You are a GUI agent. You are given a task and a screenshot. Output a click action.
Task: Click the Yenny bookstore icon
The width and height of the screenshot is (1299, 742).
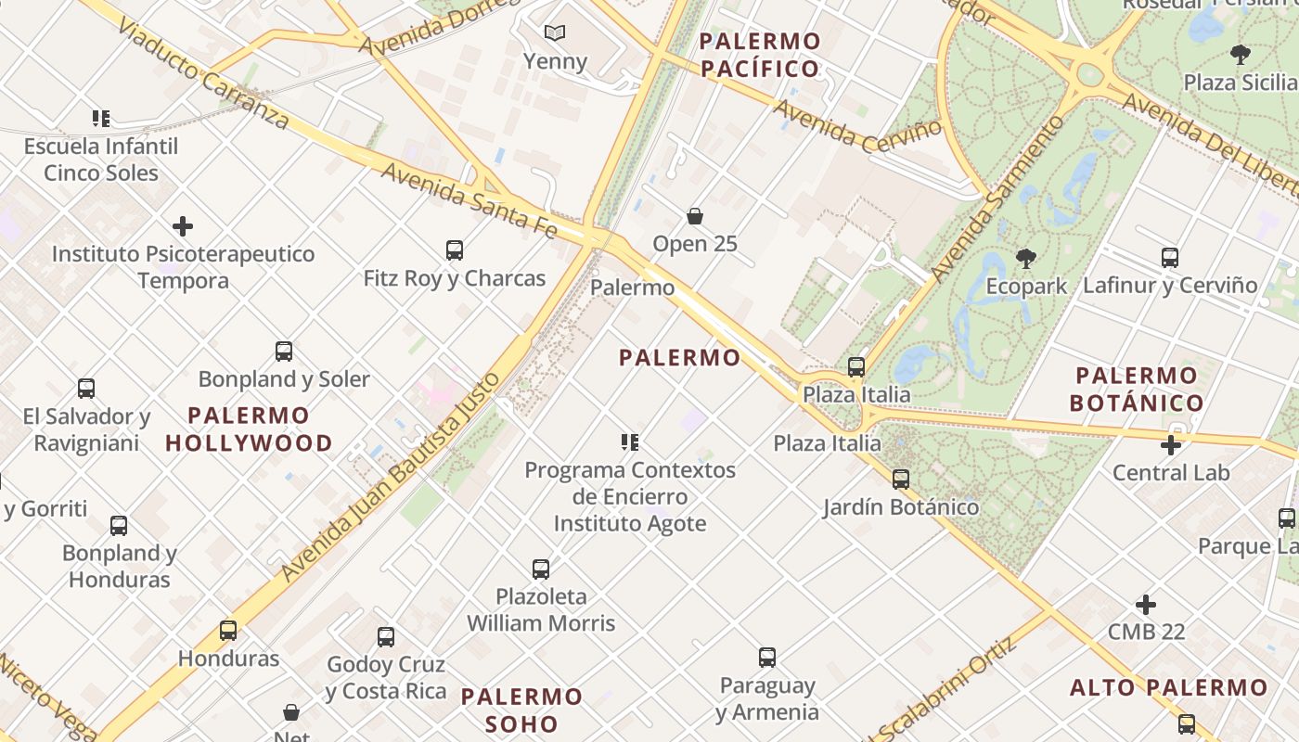click(x=555, y=33)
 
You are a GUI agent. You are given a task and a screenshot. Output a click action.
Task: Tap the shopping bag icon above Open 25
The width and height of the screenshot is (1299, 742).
click(x=695, y=216)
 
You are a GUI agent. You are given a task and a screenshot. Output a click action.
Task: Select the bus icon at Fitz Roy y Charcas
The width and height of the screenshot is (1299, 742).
click(x=455, y=249)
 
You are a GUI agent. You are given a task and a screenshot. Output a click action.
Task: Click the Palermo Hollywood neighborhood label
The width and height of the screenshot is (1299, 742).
click(x=249, y=429)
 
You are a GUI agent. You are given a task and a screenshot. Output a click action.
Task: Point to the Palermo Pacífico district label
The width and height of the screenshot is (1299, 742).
click(x=761, y=55)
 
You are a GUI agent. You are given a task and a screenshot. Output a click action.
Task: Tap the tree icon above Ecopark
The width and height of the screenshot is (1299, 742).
click(x=1026, y=259)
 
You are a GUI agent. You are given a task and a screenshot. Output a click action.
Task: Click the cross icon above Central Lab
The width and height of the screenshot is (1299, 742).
click(x=1171, y=445)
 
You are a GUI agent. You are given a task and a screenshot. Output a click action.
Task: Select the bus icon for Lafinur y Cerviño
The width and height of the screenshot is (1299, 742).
click(x=1170, y=258)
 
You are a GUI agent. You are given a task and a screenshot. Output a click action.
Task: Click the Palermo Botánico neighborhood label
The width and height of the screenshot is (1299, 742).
click(x=1137, y=390)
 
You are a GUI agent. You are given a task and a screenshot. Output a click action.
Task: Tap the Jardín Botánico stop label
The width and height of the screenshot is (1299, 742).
click(x=901, y=507)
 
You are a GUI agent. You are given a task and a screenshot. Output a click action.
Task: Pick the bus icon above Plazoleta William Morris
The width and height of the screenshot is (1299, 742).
click(x=541, y=569)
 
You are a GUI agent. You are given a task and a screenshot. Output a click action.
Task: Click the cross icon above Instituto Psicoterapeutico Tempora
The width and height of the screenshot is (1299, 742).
click(x=183, y=226)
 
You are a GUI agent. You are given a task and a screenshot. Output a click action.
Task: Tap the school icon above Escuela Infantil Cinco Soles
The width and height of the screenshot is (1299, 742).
click(x=101, y=119)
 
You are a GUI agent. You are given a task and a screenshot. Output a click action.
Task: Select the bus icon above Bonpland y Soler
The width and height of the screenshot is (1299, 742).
click(x=284, y=352)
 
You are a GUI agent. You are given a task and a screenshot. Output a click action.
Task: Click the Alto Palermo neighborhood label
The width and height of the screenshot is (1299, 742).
click(x=1168, y=688)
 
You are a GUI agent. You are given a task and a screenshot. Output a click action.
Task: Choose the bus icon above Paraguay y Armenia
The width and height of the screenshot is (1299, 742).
click(x=767, y=658)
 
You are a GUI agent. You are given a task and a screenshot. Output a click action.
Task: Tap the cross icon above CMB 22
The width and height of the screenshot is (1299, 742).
click(x=1146, y=605)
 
